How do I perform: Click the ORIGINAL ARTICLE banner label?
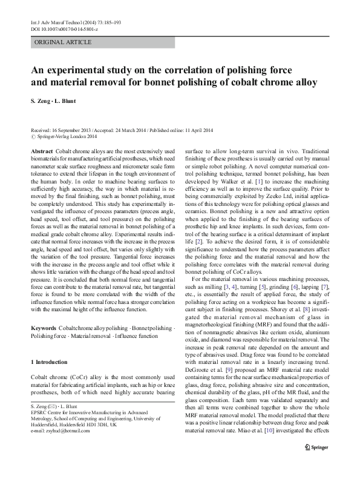pyautogui.click(x=64, y=42)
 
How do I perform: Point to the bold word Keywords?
pyautogui.click(x=44, y=328)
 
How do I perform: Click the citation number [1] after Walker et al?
pyautogui.click(x=258, y=199)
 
